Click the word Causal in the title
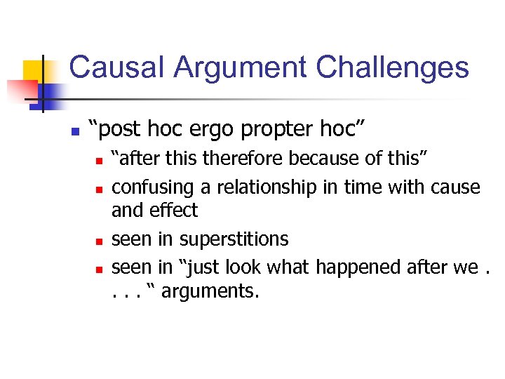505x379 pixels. click(116, 67)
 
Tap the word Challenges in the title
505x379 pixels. click(392, 67)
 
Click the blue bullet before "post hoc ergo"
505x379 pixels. click(74, 131)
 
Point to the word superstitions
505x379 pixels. click(234, 239)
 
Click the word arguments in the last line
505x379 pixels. click(210, 291)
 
